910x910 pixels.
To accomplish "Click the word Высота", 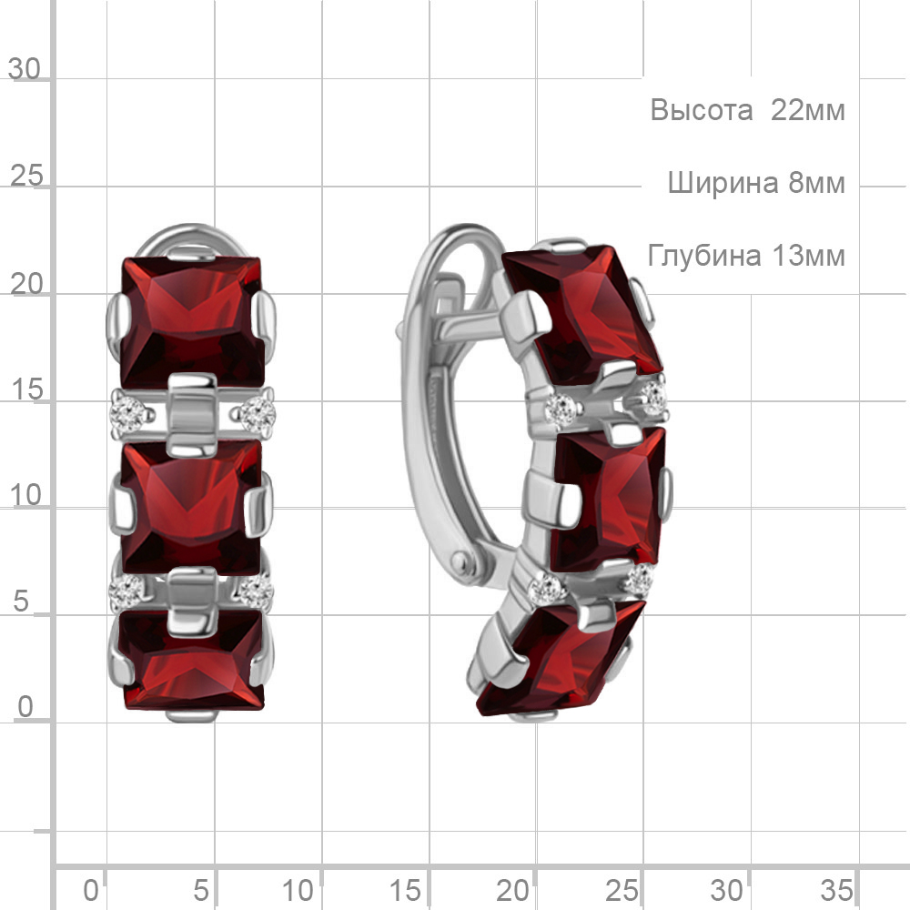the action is pos(701,110).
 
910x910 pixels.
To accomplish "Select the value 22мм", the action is pos(807,110).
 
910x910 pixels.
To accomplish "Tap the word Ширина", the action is pos(723,183).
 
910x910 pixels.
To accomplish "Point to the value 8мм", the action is pos(816,183).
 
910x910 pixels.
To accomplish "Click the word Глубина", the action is pos(704,256).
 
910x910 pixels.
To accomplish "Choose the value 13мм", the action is pos(808,256).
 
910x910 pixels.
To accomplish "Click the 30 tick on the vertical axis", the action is pos(25,69).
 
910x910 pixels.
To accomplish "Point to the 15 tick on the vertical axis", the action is pos(26,389).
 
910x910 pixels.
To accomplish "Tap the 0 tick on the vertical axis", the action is pos(25,707).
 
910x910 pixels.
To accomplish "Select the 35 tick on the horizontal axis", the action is pos(836,890).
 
